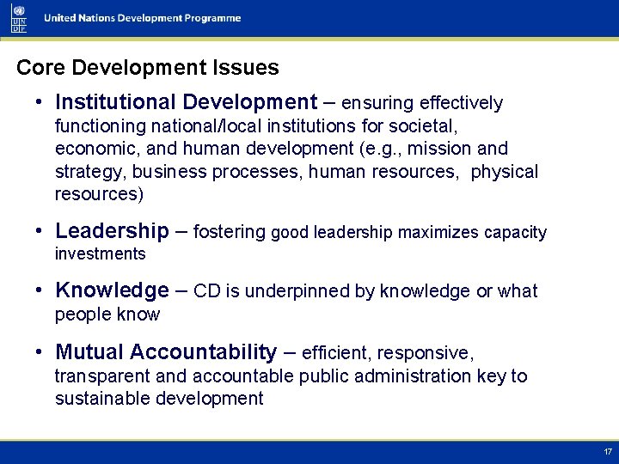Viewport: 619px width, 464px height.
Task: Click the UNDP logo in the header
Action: (x=19, y=17)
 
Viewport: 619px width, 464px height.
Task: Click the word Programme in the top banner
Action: (x=210, y=19)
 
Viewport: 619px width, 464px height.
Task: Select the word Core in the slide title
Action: (x=37, y=67)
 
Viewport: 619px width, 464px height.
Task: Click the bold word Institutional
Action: (x=113, y=102)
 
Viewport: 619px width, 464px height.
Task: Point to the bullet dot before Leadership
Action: (x=40, y=231)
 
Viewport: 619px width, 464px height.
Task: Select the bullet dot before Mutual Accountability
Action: (x=40, y=352)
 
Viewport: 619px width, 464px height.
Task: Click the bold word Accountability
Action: (x=206, y=352)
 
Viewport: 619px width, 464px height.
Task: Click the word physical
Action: (x=505, y=172)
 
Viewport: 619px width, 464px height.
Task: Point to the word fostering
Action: (x=230, y=232)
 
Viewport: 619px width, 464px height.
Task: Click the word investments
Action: (x=100, y=253)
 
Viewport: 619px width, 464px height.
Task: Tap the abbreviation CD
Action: (x=207, y=291)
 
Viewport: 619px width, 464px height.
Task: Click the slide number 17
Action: (x=607, y=452)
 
